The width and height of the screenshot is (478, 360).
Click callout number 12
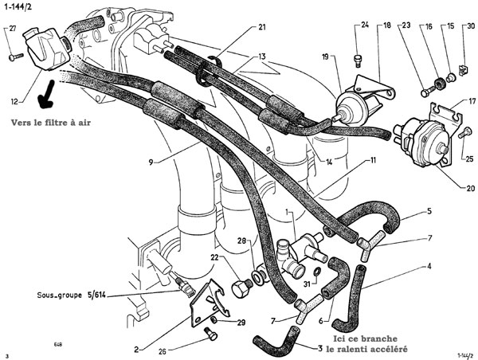15,102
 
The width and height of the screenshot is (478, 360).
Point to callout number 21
262,28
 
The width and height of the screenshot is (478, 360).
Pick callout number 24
365,26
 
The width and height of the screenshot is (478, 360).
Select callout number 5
429,212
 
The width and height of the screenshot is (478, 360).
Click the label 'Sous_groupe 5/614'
72,295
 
